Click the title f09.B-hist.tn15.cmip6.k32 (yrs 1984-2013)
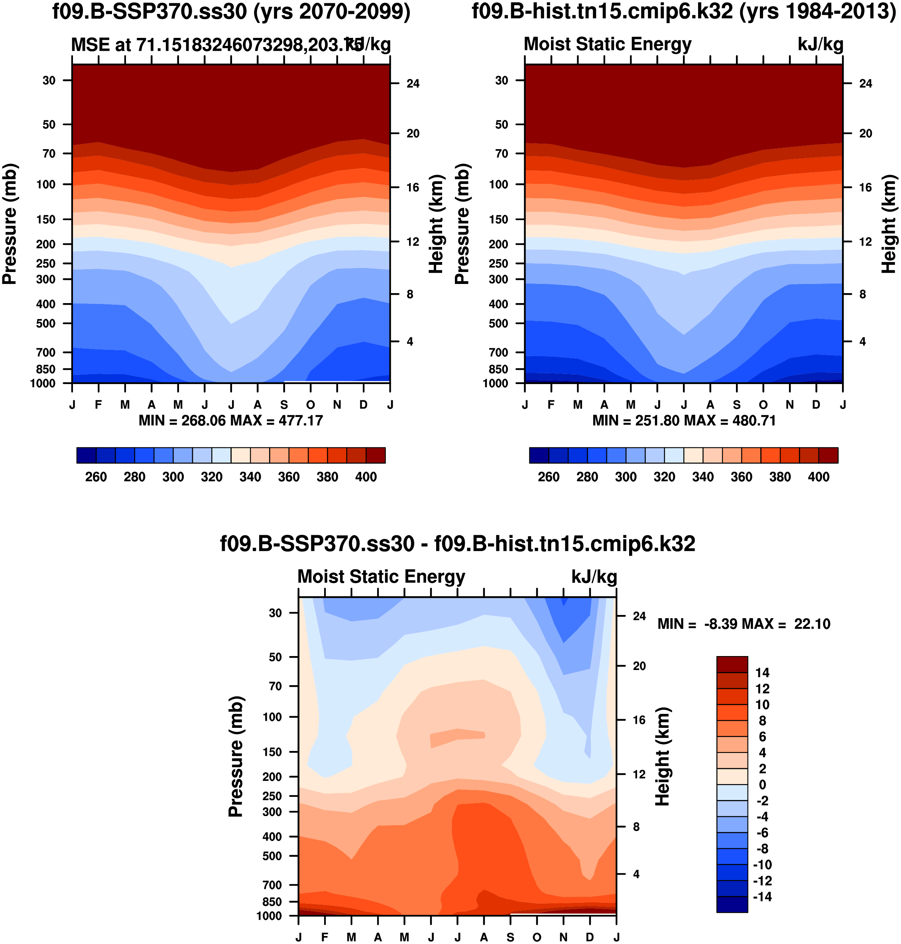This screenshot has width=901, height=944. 684,12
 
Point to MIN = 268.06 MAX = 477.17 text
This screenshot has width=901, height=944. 230,421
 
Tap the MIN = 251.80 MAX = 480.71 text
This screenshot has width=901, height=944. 684,421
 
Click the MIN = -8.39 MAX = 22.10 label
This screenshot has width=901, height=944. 744,624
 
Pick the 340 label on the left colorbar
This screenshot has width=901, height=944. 250,477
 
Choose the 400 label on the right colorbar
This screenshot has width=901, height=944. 818,477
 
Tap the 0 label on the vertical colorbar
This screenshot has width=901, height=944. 762,785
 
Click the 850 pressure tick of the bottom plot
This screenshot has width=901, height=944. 272,902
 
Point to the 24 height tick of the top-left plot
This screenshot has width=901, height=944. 413,84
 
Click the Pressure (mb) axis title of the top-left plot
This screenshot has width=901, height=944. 10,224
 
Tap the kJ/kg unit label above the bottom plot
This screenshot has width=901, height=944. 594,576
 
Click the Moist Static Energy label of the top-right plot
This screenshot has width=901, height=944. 607,44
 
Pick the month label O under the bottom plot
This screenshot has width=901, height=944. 537,937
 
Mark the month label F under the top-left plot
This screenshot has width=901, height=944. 98,404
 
